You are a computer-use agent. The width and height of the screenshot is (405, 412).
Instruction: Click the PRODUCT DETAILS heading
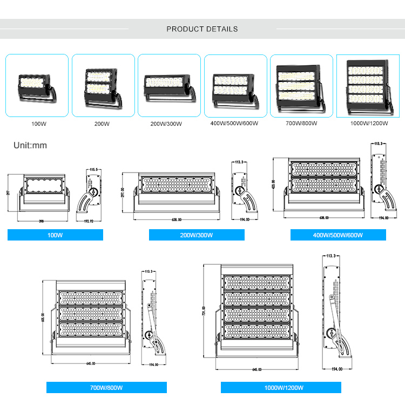[202, 29]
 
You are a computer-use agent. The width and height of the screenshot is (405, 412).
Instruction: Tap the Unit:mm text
[31, 145]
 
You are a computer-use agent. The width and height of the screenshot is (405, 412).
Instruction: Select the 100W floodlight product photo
[37, 86]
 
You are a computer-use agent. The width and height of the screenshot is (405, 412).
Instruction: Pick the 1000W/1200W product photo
[368, 86]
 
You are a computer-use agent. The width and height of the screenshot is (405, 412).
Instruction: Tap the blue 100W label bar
[55, 235]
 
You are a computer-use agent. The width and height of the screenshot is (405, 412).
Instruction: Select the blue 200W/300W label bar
[197, 235]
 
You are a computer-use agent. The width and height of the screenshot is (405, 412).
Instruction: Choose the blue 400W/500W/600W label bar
[338, 235]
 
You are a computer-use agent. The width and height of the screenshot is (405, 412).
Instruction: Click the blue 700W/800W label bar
[106, 387]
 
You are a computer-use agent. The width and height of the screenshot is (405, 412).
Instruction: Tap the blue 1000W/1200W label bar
[281, 387]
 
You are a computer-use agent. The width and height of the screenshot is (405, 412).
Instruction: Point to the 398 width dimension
[41, 221]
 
